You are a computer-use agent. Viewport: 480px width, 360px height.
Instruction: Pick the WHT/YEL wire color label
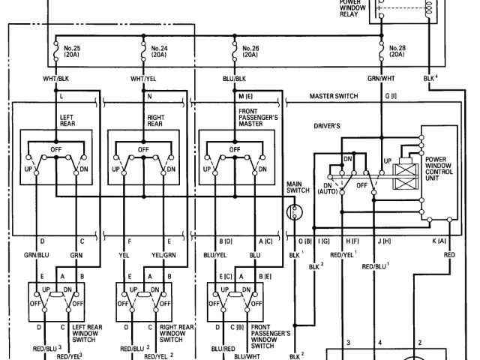(x=143, y=79)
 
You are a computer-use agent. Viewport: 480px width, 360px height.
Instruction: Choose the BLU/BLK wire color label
(x=235, y=79)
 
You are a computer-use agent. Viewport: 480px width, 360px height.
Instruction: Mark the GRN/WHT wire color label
(x=382, y=79)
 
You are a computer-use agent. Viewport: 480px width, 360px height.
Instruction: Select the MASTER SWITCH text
(x=334, y=96)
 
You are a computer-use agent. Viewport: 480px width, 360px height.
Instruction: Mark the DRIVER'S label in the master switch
(x=328, y=126)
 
